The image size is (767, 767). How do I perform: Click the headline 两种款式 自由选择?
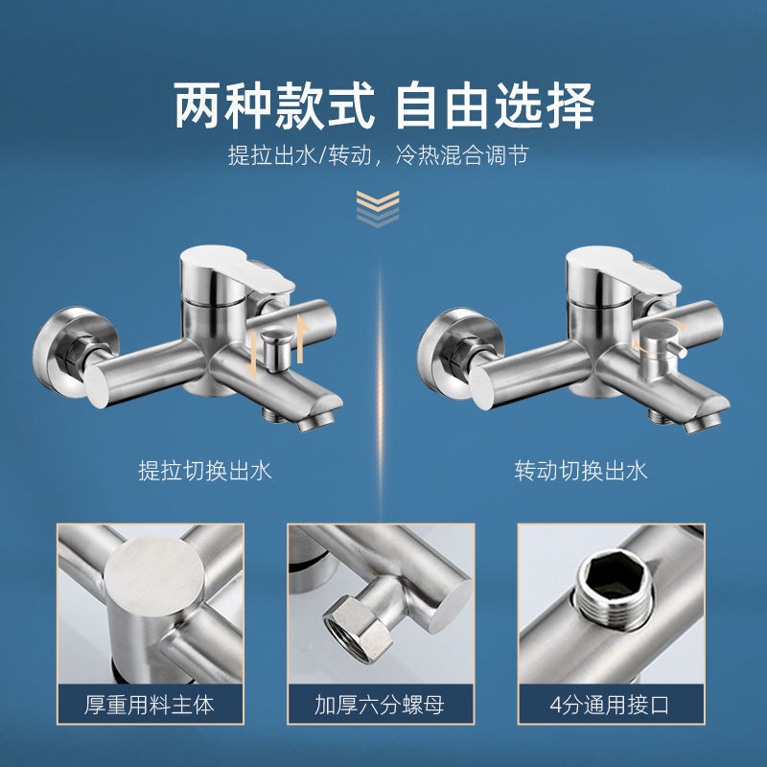(384, 105)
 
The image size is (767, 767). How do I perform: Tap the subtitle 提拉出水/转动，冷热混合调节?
(378, 156)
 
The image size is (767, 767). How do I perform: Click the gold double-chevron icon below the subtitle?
(378, 209)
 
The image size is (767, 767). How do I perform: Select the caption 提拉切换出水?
(205, 471)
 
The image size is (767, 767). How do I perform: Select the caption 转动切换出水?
(581, 471)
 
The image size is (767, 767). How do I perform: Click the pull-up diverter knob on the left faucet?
(276, 348)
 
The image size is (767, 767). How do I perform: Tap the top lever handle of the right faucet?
(622, 270)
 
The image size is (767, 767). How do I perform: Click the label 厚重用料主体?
(150, 706)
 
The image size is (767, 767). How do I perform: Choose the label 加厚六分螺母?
(380, 706)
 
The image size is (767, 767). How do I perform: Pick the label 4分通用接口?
(610, 706)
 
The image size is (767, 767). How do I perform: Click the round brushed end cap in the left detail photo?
(154, 575)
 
